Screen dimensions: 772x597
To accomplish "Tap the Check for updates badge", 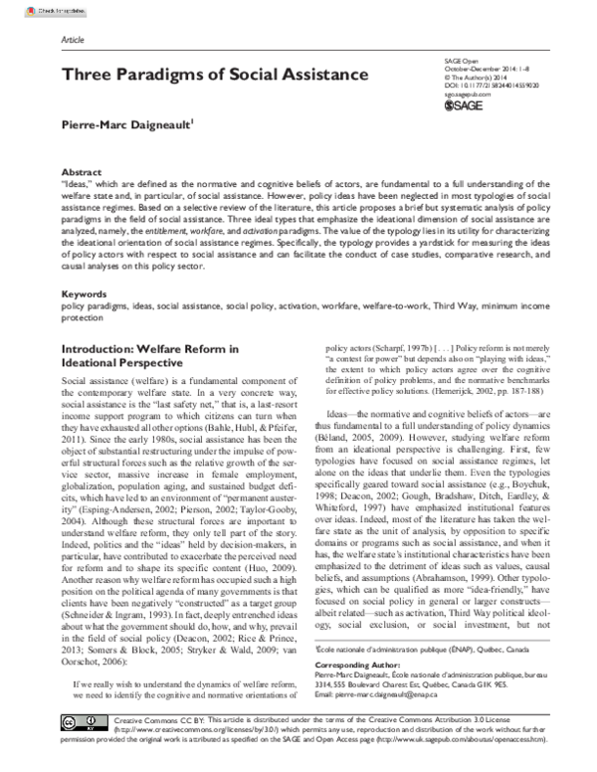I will (33, 7).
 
